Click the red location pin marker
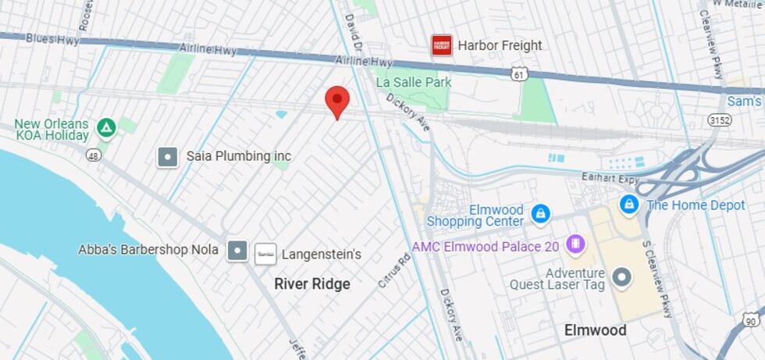(336, 102)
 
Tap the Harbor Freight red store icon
(442, 45)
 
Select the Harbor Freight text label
(500, 45)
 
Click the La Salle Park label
(414, 82)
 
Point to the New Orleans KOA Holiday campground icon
(106, 127)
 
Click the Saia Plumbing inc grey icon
(168, 156)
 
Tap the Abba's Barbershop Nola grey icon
(237, 251)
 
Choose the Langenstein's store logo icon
(265, 254)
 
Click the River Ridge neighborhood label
(312, 283)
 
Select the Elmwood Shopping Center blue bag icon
(539, 213)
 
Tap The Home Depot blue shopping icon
(629, 205)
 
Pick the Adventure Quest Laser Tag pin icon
(621, 276)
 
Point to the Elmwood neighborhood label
(596, 330)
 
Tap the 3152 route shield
(719, 119)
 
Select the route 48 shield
(94, 155)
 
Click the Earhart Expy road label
(610, 178)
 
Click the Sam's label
(744, 102)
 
